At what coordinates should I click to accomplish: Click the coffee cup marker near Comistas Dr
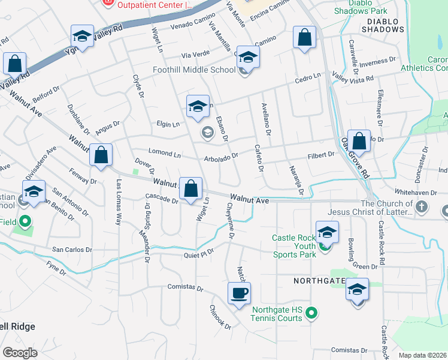[x=239, y=293]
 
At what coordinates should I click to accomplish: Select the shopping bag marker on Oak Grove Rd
[x=359, y=142]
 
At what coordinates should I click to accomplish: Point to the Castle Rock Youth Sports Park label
[x=293, y=242]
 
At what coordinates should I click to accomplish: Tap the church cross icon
[x=422, y=208]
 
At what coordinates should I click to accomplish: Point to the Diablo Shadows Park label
[x=361, y=7]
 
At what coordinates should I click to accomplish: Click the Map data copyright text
[x=422, y=355]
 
